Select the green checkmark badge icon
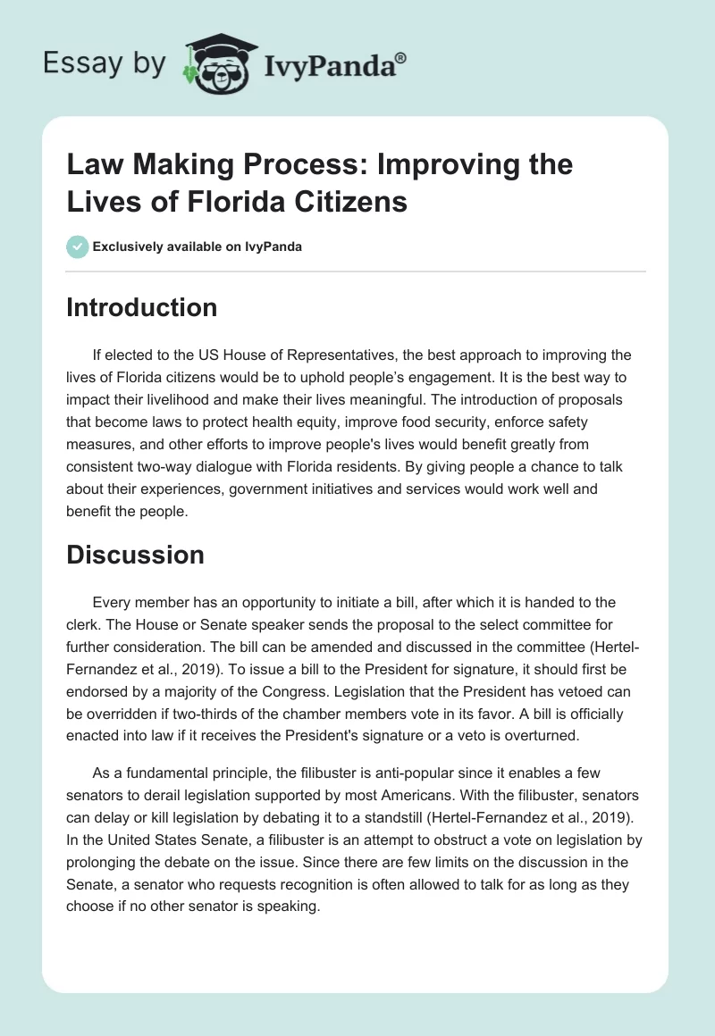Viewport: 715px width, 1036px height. [x=78, y=246]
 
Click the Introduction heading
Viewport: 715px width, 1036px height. [x=141, y=307]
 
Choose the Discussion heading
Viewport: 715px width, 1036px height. [x=136, y=555]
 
